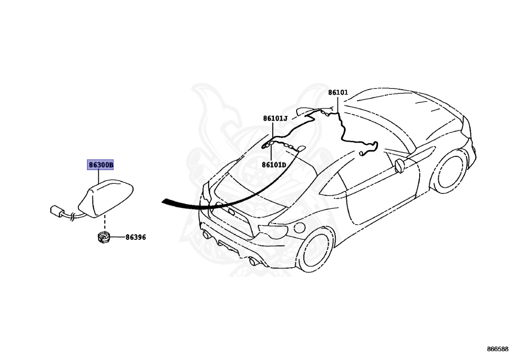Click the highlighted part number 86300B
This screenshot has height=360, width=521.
(101, 165)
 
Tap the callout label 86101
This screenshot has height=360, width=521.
(338, 93)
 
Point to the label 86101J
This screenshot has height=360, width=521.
(275, 119)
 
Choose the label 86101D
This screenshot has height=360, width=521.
(274, 165)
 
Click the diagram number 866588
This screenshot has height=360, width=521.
(498, 349)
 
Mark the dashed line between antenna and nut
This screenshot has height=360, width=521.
(105, 223)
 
